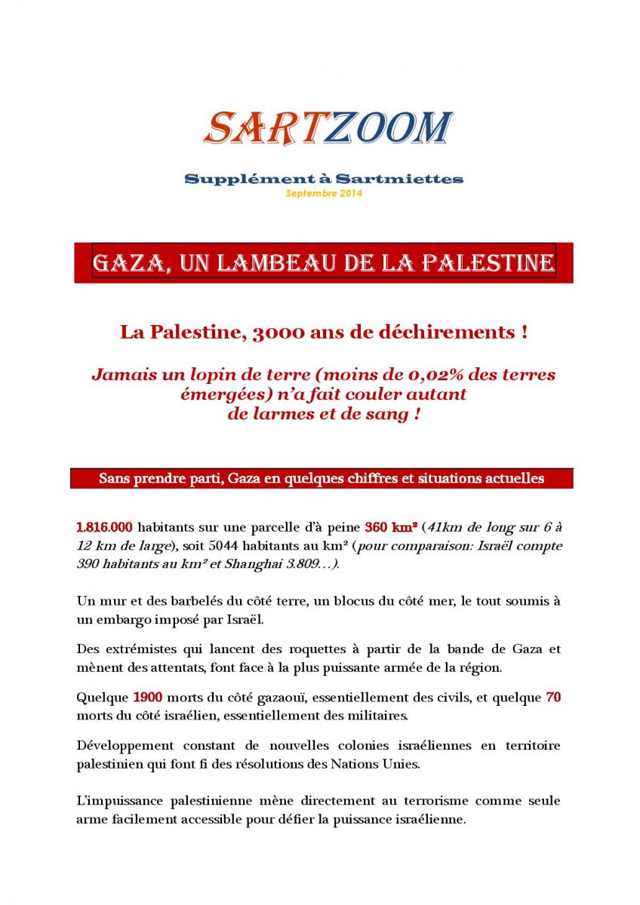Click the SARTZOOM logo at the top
328,128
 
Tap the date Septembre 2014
324,194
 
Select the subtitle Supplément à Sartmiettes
324,179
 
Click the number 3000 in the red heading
277,333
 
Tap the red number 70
552,697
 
